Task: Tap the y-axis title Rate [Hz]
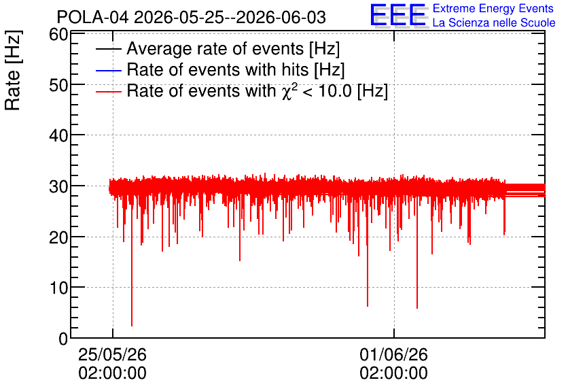13,70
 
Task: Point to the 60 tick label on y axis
58,35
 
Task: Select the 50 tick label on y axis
58,86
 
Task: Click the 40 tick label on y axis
58,136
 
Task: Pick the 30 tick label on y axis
58,187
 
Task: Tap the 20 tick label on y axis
58,237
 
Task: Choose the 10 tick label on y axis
58,288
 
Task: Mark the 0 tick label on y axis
63,339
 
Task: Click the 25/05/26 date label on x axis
112,354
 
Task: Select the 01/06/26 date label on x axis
394,354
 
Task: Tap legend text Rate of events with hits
236,69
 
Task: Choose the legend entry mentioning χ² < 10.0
258,90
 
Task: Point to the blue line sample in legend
108,70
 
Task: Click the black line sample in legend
108,49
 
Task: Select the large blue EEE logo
398,15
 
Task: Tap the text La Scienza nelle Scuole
494,23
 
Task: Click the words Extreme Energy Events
493,8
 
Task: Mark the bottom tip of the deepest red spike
132,326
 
